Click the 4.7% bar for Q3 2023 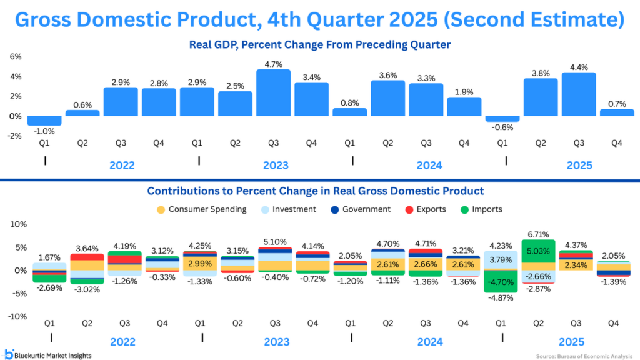tap(274, 92)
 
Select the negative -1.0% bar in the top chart tap(44, 121)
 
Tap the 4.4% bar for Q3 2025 tap(579, 94)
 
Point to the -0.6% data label tap(502, 127)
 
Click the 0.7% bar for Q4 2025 tap(617, 112)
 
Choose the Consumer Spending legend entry tap(202, 209)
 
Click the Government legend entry tap(361, 209)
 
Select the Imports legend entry tap(481, 209)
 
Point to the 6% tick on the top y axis tap(16, 57)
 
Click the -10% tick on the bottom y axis tap(17, 316)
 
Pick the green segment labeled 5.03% tap(538, 251)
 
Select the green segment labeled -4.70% tap(501, 282)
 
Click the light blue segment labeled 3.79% tap(501, 261)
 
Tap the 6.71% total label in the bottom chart tap(538, 235)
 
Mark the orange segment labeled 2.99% tap(200, 264)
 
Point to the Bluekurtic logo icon tap(9, 354)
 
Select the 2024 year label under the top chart tap(429, 165)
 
